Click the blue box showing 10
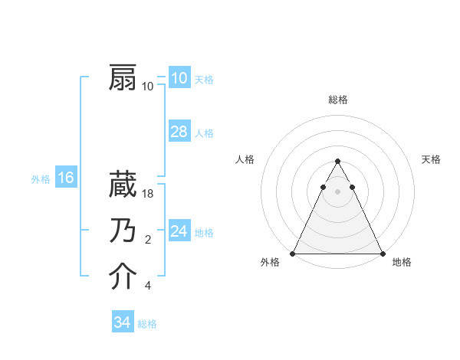[x=179, y=77]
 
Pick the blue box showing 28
[x=179, y=132]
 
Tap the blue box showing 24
[x=179, y=231]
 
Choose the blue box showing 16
[x=65, y=178]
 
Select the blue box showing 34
[x=122, y=322]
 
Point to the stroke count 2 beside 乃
[x=148, y=241]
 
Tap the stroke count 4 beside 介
[x=148, y=286]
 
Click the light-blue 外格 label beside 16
[x=41, y=179]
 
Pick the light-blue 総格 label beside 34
[x=147, y=324]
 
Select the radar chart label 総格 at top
[x=337, y=100]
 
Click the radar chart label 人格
[x=245, y=159]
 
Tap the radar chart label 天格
[x=431, y=159]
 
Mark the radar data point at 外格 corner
[x=293, y=254]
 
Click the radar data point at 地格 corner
[x=382, y=254]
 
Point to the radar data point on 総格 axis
[x=337, y=162]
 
